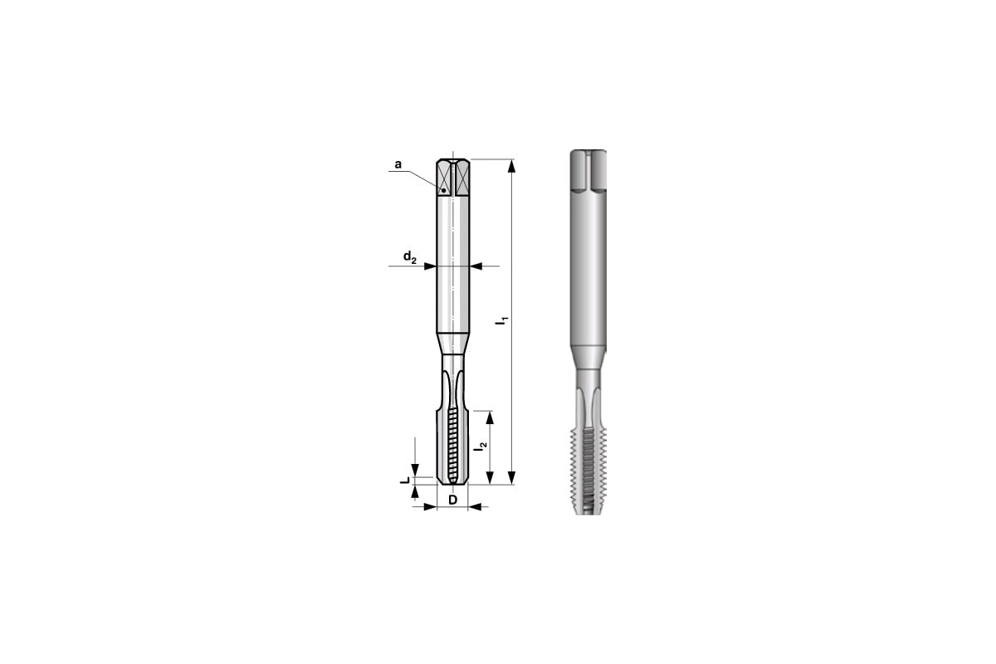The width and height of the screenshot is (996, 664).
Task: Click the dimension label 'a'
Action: coord(398,164)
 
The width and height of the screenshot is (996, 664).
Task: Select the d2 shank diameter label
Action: coord(409,256)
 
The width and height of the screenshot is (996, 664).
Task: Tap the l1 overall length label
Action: coord(501,320)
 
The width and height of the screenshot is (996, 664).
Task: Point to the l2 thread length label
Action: coord(481,447)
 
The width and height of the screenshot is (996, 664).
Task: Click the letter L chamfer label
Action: coord(405,481)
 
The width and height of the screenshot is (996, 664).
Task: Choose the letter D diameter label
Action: coord(452,500)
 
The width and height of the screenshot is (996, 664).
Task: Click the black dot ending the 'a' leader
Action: coord(443,190)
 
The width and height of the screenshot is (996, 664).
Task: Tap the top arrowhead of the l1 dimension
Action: coord(512,166)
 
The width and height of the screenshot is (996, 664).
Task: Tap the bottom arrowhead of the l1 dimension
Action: coord(512,477)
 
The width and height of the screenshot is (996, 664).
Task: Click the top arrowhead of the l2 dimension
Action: coord(490,418)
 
